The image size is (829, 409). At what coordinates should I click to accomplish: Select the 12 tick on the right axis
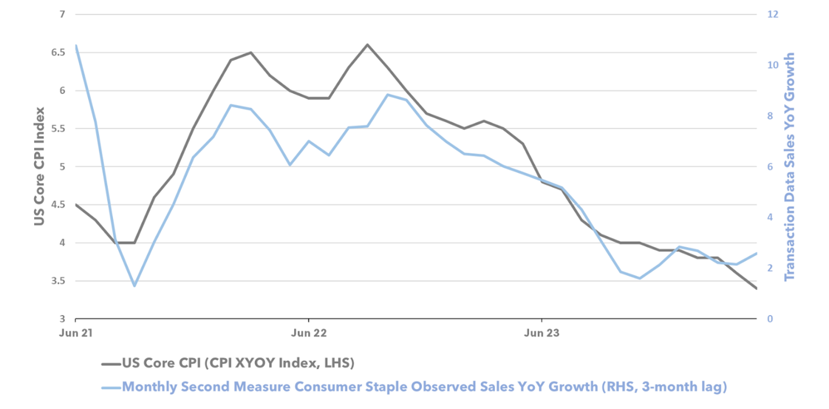(772, 14)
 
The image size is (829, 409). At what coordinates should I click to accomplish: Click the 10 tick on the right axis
(772, 65)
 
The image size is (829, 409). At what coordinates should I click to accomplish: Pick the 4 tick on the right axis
(769, 217)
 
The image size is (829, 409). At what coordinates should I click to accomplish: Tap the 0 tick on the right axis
(769, 319)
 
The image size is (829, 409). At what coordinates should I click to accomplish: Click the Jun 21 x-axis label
(76, 333)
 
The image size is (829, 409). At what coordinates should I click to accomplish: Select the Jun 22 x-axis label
(308, 333)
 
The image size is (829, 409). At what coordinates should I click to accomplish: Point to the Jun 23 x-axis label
(541, 333)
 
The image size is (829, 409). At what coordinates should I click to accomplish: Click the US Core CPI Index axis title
(39, 167)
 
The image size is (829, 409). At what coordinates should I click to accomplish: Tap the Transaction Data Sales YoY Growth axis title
(789, 167)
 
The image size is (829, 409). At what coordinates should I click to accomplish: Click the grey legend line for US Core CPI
(110, 364)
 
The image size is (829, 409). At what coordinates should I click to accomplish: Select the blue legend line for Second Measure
(110, 386)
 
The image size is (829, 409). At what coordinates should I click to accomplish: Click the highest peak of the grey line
(367, 44)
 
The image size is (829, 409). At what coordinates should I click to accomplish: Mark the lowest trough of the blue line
(134, 285)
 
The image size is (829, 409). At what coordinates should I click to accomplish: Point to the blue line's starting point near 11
(76, 45)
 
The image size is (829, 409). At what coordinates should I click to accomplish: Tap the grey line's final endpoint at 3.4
(756, 288)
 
